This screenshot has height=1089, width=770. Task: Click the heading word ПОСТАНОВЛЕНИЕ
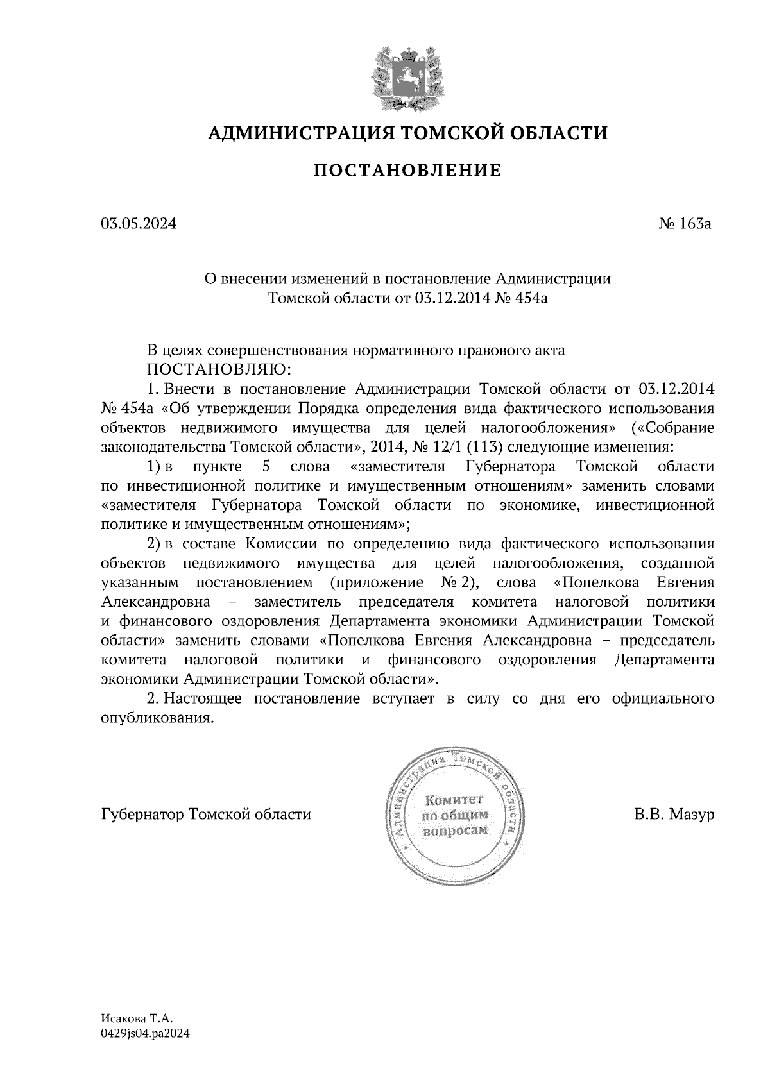coord(407,171)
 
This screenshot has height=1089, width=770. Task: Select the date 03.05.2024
coord(138,224)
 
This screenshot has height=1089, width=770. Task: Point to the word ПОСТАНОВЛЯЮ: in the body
coord(219,370)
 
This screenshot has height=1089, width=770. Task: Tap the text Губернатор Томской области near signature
coord(206,814)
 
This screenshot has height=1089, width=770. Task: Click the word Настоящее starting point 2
coord(203,699)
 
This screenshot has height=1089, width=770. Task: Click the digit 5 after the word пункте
coord(265,466)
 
